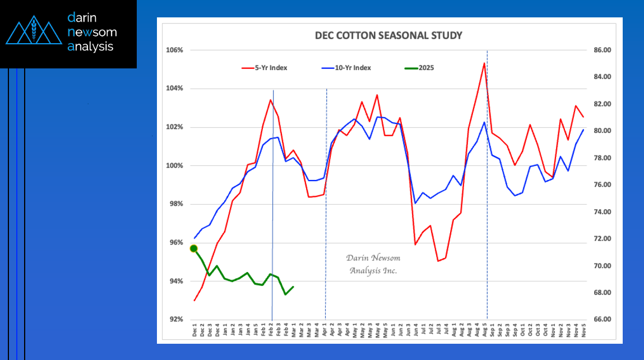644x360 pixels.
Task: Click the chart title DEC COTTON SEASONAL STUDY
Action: (388, 36)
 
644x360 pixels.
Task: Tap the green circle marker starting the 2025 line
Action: (194, 248)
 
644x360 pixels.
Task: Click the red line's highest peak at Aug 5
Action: (484, 63)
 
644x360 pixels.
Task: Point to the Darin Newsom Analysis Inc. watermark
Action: (373, 264)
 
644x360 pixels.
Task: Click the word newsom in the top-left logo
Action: (92, 32)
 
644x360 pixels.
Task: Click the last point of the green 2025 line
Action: (293, 287)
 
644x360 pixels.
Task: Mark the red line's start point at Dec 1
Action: (194, 301)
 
